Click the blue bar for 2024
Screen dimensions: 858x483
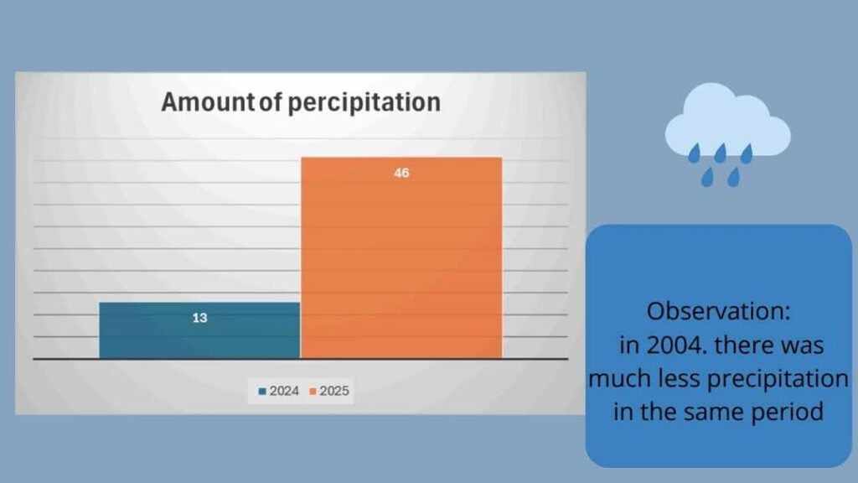199,330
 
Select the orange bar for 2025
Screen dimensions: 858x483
401,258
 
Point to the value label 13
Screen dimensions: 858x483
199,318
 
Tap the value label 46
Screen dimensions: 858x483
401,173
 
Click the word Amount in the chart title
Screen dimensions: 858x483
208,101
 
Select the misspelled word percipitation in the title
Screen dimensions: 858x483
364,103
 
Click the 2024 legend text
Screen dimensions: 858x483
284,391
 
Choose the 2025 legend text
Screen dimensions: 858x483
334,391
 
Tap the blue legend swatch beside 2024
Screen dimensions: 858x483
262,392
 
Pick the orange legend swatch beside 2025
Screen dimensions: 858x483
313,392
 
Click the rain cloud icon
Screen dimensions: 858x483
727,135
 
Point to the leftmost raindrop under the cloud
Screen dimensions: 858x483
695,153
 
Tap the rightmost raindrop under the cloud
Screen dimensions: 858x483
747,153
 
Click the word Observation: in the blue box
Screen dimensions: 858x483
718,312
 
